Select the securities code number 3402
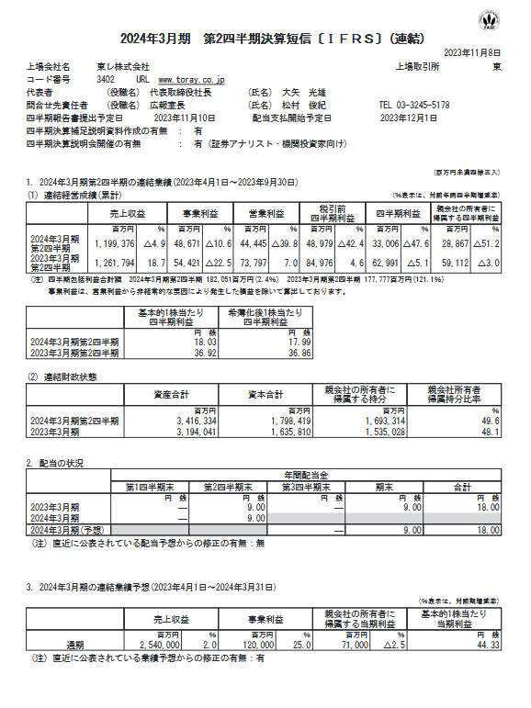coord(105,80)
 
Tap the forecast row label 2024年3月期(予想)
coord(66,530)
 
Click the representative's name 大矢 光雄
coord(302,93)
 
